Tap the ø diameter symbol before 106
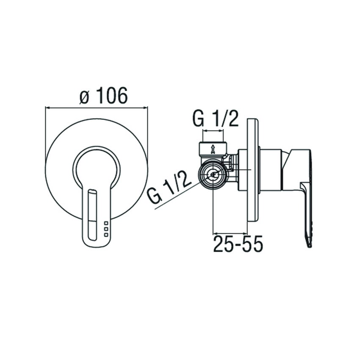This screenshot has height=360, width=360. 85,97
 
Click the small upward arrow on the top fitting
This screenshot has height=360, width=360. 213,149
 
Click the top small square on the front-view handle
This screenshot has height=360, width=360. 106,223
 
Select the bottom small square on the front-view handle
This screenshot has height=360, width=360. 106,235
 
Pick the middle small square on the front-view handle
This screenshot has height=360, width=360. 106,229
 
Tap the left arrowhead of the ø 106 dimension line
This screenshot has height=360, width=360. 47,108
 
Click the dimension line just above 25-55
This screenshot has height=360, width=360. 230,233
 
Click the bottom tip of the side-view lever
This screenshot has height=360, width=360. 309,245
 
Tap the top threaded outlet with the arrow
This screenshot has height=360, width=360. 213,148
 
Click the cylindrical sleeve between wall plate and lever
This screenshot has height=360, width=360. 270,169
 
